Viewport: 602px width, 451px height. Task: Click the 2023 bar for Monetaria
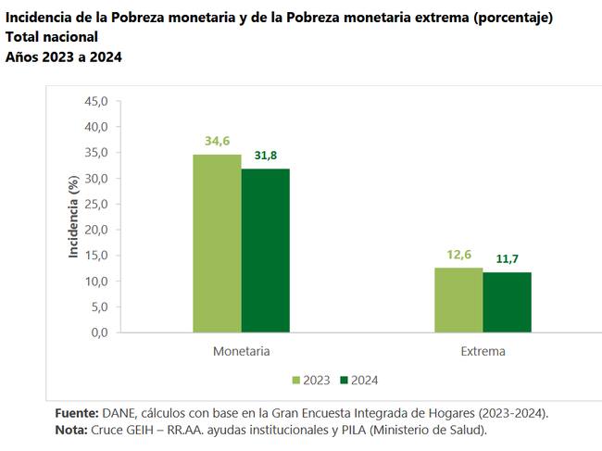(217, 243)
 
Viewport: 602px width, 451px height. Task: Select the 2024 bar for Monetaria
(265, 250)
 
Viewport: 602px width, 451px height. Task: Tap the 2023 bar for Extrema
(458, 299)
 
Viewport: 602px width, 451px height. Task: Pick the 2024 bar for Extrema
(507, 302)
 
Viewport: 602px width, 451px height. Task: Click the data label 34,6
(217, 141)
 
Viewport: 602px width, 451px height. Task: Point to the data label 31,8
(265, 156)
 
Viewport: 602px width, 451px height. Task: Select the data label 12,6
(458, 255)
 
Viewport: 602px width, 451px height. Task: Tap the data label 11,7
(507, 259)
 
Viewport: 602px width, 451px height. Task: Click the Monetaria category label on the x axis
(241, 352)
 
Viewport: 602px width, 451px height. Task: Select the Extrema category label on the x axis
(483, 352)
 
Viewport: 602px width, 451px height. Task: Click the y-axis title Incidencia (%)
(75, 218)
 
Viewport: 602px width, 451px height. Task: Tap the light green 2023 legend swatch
(296, 380)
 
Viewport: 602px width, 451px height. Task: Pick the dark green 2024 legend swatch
(343, 380)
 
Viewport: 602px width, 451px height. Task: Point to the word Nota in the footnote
(71, 430)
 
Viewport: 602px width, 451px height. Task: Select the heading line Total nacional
(51, 37)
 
